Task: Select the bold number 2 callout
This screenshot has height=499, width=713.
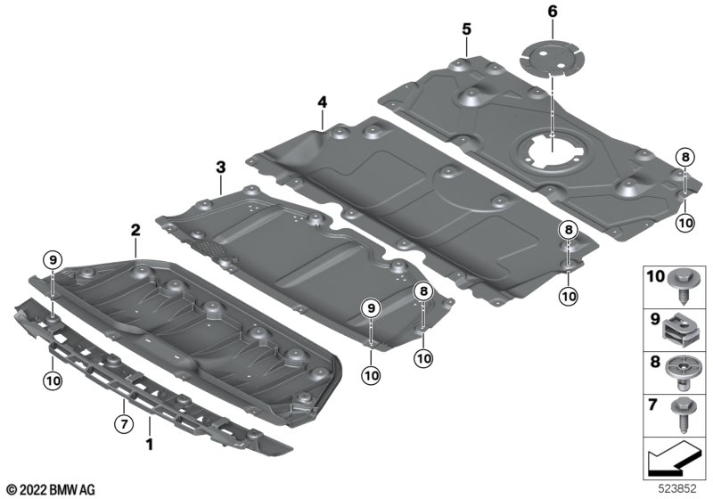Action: click(135, 230)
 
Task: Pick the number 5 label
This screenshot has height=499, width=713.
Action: click(466, 29)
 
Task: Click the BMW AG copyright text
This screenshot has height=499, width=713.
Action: click(50, 489)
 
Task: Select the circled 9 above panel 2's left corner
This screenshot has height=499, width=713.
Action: click(53, 260)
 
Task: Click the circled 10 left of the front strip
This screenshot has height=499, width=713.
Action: click(53, 381)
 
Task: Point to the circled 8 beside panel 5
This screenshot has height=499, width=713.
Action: click(684, 157)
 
